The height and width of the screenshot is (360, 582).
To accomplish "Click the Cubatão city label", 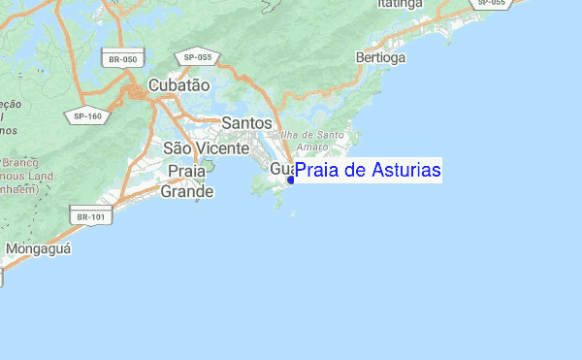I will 178,85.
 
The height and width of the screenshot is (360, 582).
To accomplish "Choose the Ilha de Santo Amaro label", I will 311,140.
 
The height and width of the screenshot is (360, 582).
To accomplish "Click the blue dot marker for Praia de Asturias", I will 291,180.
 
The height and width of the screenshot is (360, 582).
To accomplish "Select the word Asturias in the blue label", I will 407,171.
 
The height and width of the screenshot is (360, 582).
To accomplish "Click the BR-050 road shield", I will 123,59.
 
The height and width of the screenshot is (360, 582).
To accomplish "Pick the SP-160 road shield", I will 87,116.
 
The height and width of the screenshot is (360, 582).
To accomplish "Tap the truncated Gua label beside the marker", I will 280,169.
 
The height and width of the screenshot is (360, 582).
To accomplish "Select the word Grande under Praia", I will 187,191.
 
